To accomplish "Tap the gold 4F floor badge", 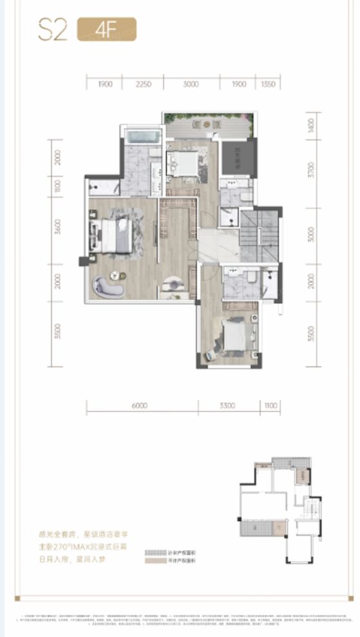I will point(106,30).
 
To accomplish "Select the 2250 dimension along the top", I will point(145,84).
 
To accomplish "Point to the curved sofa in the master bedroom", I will point(108,285).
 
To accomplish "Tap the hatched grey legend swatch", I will point(155,553).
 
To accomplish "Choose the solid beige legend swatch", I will point(155,562).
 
